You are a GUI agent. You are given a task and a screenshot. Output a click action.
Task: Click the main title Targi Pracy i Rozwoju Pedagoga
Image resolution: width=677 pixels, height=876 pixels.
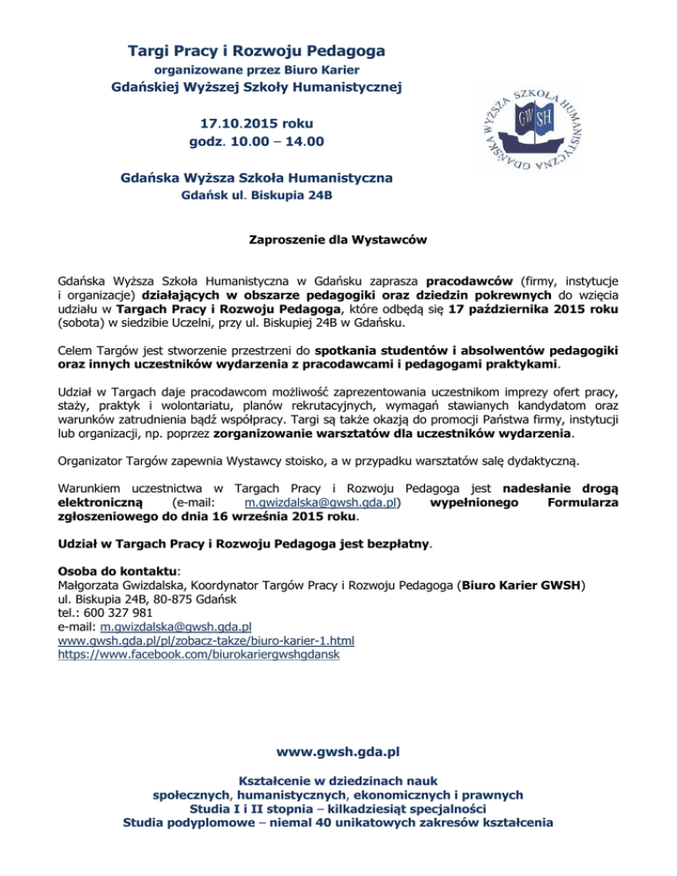(257, 50)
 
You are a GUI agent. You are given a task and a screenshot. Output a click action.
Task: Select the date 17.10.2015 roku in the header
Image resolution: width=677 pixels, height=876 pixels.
(257, 122)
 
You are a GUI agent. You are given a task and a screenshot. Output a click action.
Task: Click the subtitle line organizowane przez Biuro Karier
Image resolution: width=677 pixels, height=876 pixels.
(257, 69)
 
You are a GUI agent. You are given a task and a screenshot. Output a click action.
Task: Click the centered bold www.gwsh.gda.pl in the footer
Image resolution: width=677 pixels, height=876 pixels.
(338, 753)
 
